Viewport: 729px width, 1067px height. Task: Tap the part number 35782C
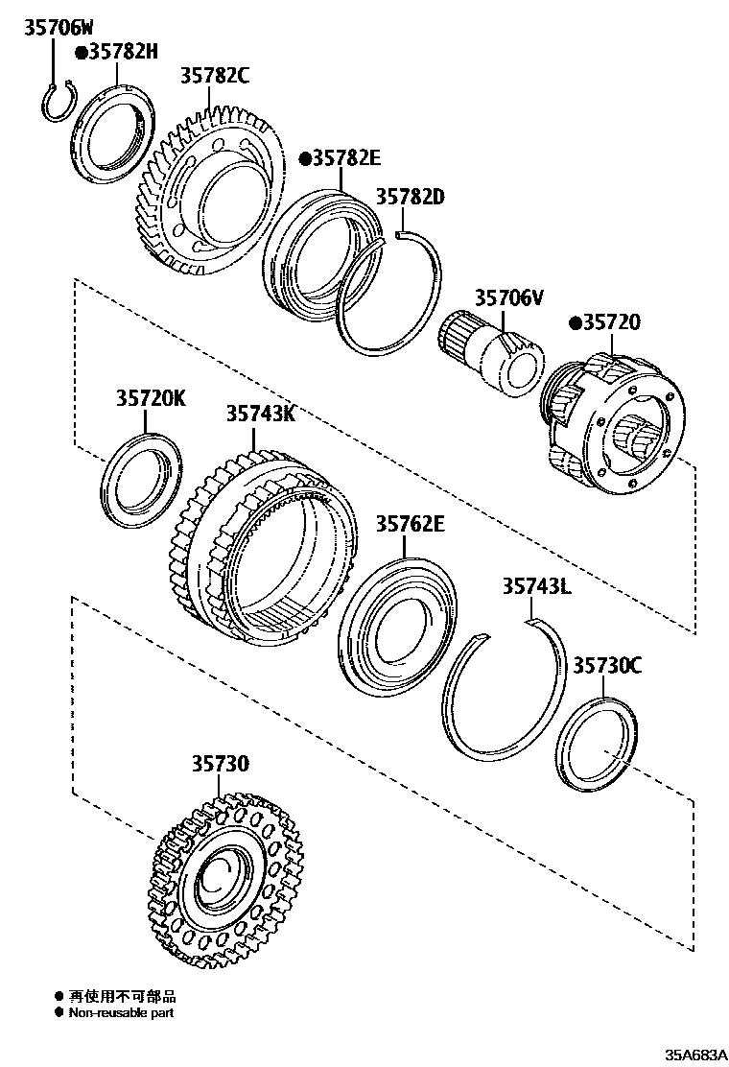click(x=214, y=77)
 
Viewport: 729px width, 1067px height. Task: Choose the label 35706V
click(x=507, y=298)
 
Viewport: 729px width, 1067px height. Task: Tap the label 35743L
click(x=536, y=586)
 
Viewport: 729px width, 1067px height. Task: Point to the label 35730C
click(x=607, y=665)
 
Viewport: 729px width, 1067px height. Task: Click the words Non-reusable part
click(x=122, y=1011)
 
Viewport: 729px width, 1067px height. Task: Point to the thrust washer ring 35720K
click(x=140, y=482)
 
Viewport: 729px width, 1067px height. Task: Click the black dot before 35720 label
click(x=576, y=322)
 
